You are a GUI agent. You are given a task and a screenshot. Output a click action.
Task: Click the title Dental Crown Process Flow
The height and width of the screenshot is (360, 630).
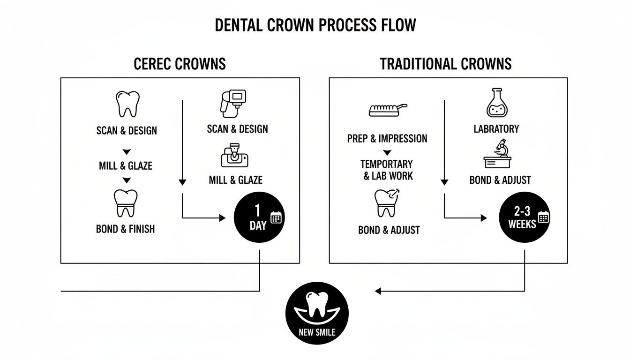point(315,25)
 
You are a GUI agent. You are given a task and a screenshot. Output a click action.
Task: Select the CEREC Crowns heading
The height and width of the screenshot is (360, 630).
point(180,64)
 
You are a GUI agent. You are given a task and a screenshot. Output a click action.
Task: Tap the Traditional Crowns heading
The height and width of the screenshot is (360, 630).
point(445,64)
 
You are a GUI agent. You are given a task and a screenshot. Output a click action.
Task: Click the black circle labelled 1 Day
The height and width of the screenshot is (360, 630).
point(259,217)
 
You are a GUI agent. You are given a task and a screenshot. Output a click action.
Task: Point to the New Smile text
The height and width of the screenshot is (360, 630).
point(317,333)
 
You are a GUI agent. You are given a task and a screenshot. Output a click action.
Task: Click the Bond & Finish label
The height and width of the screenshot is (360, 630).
point(125,229)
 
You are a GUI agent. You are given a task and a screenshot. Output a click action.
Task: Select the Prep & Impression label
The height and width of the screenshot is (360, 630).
point(387,138)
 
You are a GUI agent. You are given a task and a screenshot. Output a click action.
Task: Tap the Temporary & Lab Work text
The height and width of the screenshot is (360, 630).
point(387,170)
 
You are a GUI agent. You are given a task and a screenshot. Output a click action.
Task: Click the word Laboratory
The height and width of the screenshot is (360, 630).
point(496,128)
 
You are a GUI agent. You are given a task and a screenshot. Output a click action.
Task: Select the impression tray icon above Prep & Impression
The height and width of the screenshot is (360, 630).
point(387,110)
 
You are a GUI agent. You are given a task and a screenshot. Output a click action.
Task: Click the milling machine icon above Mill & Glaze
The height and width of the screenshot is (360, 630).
point(234,157)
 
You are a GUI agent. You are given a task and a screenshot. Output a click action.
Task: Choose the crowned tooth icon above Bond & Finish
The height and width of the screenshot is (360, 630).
point(126,203)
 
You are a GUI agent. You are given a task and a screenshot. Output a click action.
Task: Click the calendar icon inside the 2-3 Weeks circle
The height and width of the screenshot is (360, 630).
point(544,217)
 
